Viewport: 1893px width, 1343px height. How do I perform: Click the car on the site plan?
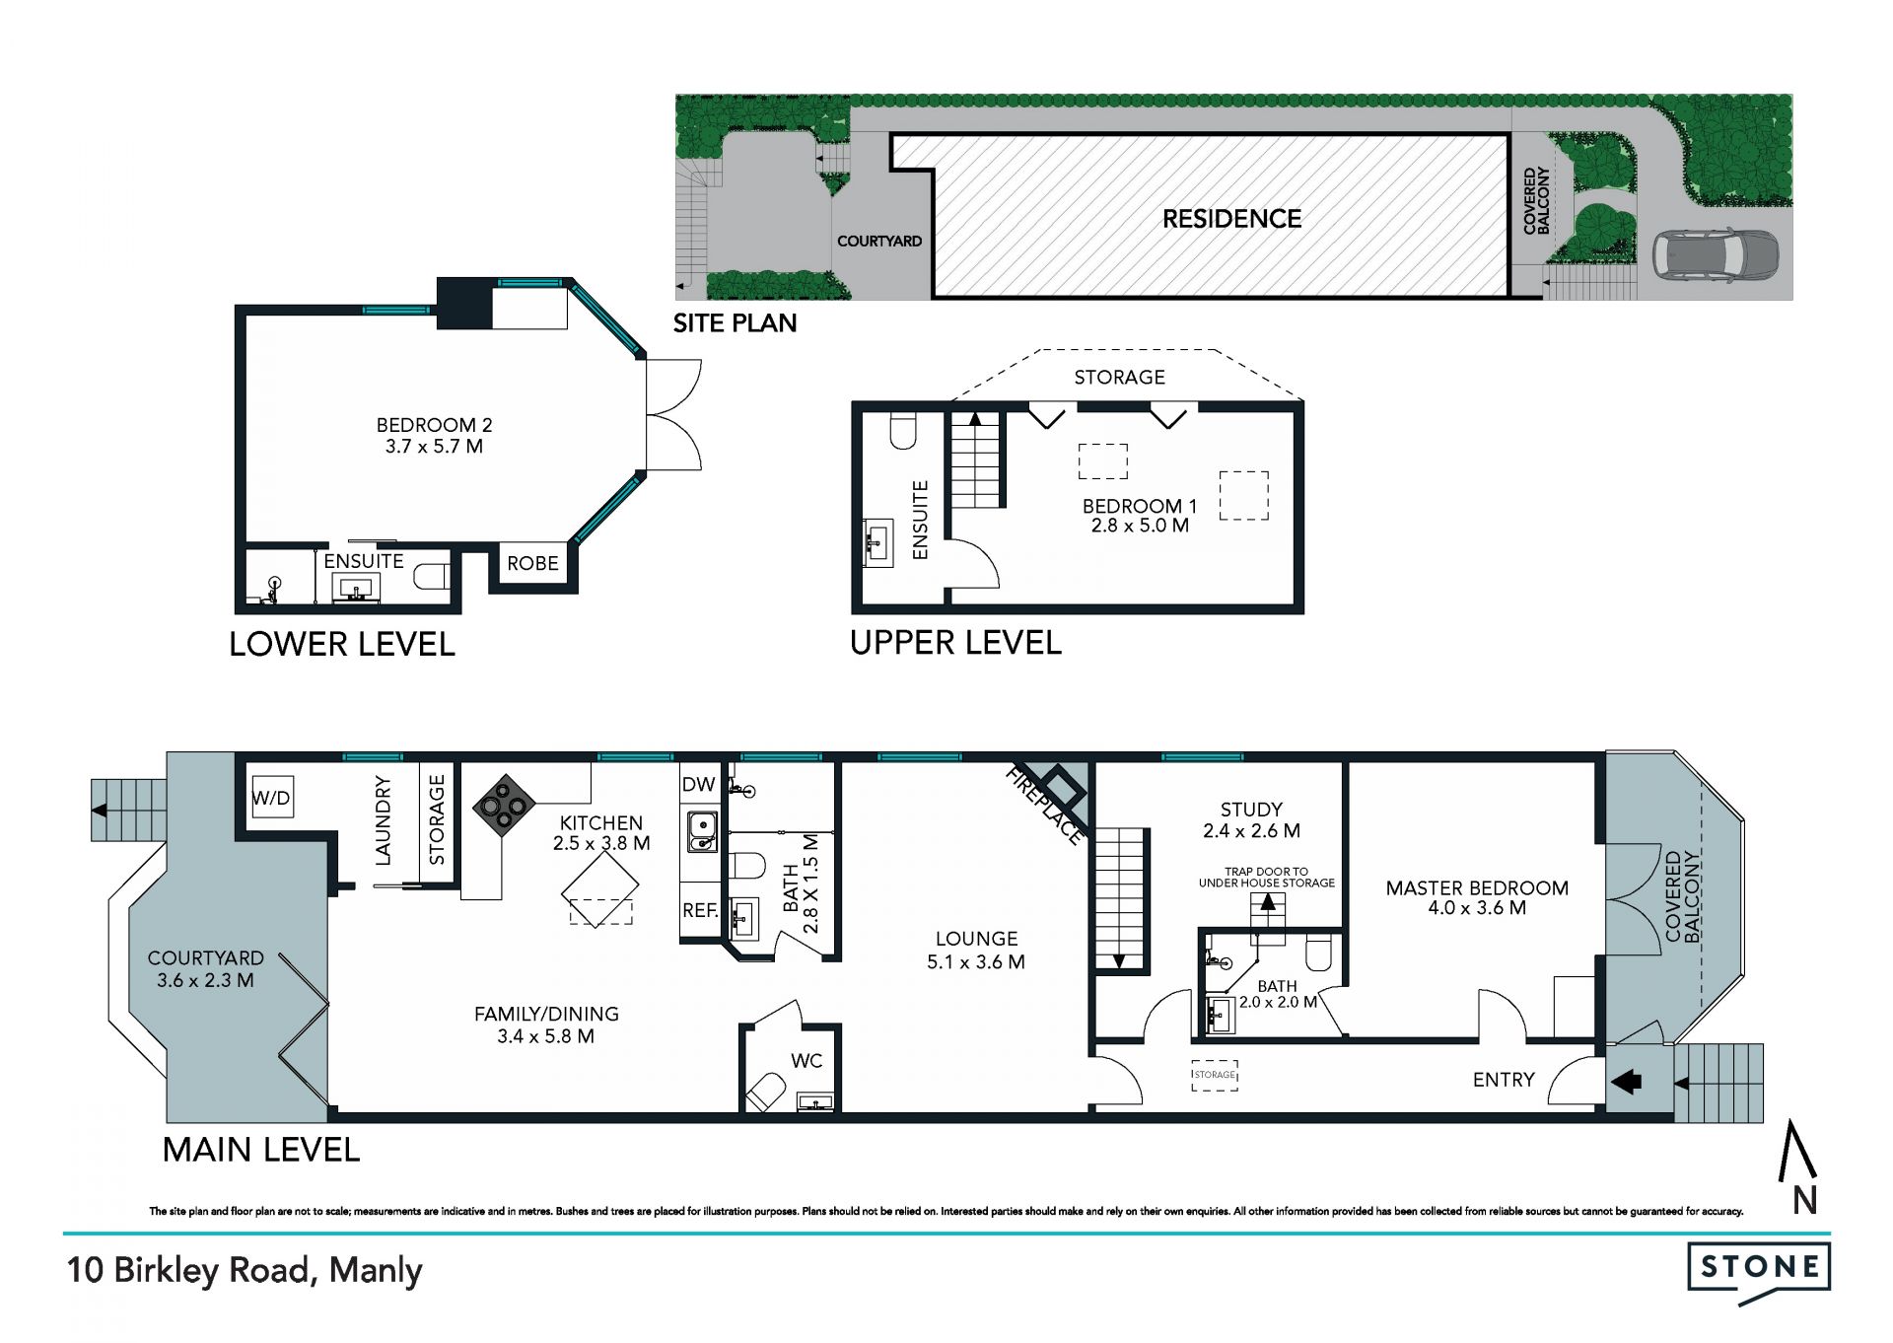coord(1716,254)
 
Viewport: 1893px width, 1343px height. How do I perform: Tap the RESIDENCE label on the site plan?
coord(1231,219)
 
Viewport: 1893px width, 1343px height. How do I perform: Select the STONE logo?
coord(1759,1271)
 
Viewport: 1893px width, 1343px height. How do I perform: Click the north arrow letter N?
coord(1804,1200)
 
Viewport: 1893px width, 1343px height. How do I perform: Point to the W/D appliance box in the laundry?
coord(271,798)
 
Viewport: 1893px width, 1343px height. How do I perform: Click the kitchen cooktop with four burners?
coord(504,806)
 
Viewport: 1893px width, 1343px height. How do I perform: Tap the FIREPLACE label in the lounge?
coord(1044,807)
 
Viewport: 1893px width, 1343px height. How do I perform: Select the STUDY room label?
coord(1251,810)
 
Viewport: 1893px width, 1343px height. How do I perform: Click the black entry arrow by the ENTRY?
coord(1626,1082)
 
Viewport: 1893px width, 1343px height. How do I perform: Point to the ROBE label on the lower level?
coord(532,563)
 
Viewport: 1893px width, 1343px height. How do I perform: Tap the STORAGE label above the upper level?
coord(1119,377)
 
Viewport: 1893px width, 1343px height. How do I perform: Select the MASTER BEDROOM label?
coord(1477,887)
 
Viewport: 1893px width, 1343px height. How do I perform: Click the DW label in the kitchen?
coord(698,785)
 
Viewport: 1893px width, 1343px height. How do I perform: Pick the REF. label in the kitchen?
coord(700,910)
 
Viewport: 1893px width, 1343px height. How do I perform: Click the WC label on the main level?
coord(806,1061)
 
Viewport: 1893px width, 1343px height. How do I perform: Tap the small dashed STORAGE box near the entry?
coord(1215,1075)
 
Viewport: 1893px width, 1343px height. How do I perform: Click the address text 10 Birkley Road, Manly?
coord(245,1270)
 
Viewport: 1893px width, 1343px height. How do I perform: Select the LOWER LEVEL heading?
coord(342,645)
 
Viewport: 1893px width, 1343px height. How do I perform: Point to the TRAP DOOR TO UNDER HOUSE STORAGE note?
coord(1267,878)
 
